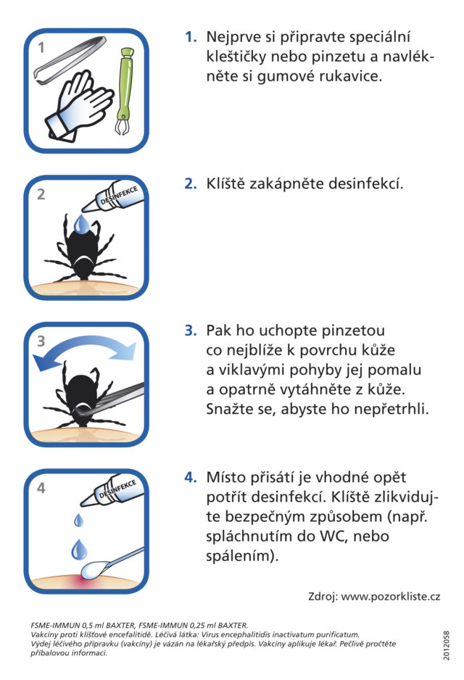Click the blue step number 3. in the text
click(191, 331)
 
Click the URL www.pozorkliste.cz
click(390, 597)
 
